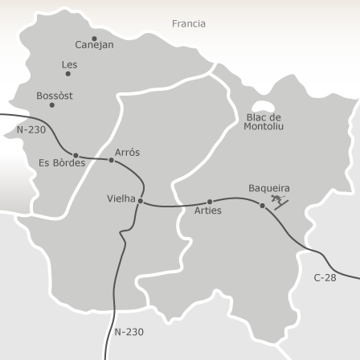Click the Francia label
click(x=189, y=24)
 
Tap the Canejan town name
click(x=95, y=46)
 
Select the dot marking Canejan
click(x=94, y=38)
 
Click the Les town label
click(x=70, y=64)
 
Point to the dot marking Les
click(x=67, y=74)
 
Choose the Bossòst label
click(x=55, y=96)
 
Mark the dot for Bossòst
click(x=52, y=105)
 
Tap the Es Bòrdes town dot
click(x=76, y=155)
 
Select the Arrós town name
click(x=127, y=152)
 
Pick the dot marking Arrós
click(x=111, y=160)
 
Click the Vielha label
click(x=121, y=198)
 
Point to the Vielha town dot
click(x=141, y=201)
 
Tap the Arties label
click(x=208, y=211)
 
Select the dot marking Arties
click(x=210, y=202)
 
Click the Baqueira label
click(x=269, y=189)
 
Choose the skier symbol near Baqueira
click(x=279, y=200)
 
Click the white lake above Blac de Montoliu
click(x=262, y=106)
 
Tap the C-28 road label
click(x=325, y=278)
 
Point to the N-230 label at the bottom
click(x=129, y=331)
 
